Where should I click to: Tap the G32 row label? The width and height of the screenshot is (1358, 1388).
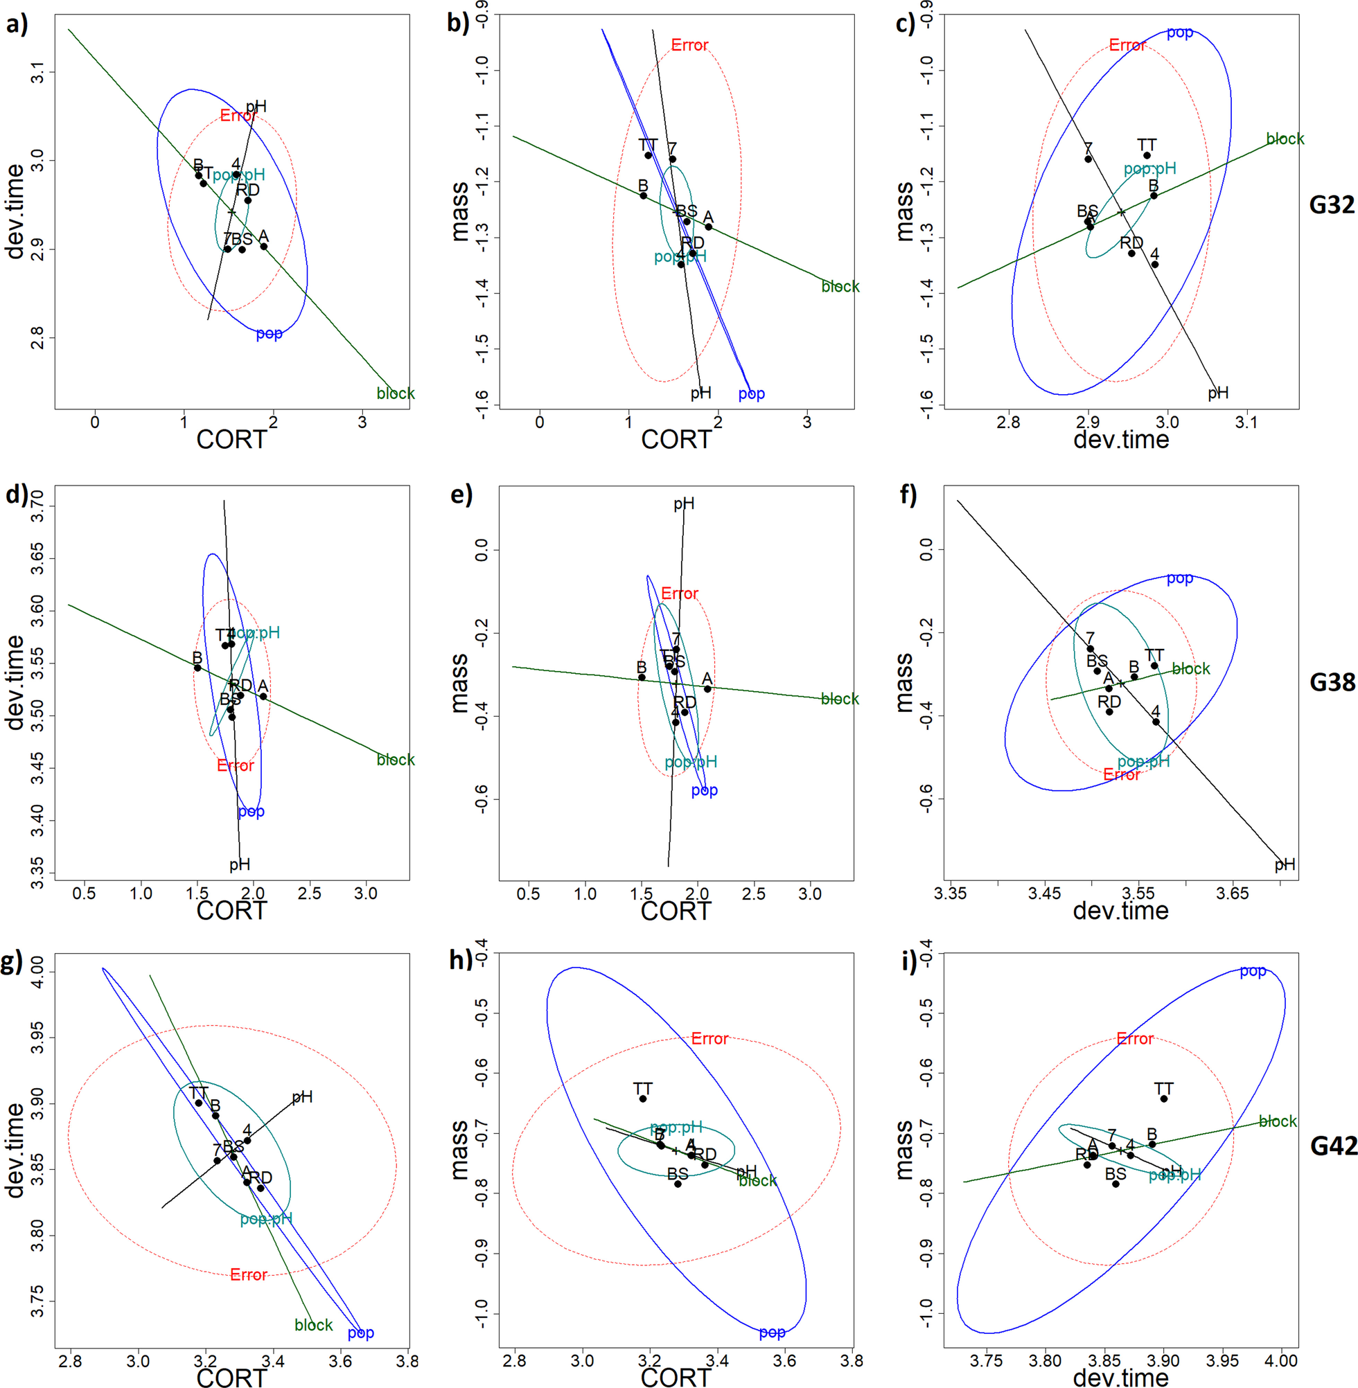[x=1331, y=205]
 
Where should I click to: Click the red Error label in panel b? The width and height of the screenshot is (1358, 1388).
[x=689, y=46]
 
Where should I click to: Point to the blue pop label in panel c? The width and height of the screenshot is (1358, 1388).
[x=1180, y=33]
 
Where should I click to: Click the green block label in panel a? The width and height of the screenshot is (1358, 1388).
[x=395, y=393]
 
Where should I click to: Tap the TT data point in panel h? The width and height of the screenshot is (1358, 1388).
[x=643, y=1098]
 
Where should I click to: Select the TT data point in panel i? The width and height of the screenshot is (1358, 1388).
[x=1164, y=1098]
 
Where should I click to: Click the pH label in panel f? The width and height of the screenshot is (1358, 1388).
[x=1285, y=865]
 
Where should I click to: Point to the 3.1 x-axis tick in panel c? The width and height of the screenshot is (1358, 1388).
[x=1246, y=421]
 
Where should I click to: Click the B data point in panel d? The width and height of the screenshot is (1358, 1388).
[x=197, y=668]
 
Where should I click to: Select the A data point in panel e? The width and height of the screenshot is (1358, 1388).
[x=707, y=688]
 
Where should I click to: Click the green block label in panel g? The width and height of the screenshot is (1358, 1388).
[x=313, y=1324]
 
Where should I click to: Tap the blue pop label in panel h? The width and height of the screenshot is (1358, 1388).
[x=772, y=1333]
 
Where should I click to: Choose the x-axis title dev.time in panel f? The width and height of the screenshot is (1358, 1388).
[x=1120, y=910]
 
